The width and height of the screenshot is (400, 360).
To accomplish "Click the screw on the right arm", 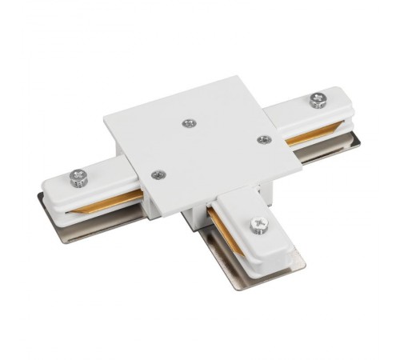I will click(x=318, y=100).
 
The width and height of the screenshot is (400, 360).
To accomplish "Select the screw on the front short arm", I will click(x=258, y=226).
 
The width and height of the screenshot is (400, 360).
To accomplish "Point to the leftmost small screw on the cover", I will click(x=158, y=174).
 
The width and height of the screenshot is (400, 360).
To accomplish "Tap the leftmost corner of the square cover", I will click(x=104, y=122).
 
